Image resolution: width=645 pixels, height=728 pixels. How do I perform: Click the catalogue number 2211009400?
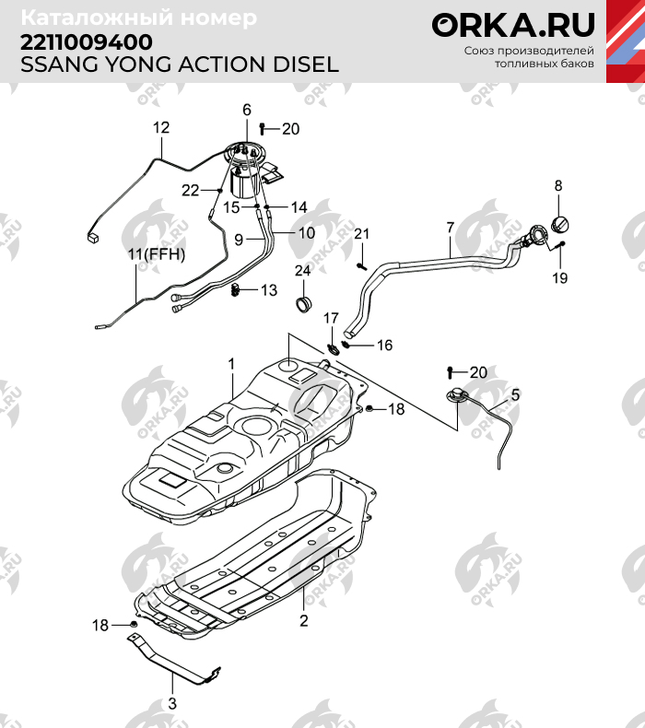pos(87,42)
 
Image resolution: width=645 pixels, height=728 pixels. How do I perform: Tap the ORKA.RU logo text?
pos(514,25)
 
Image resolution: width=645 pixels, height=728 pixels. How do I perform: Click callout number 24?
pos(302,270)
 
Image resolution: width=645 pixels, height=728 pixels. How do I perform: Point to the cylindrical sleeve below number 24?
pos(302,304)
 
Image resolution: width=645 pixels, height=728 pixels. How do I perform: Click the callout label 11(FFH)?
pos(156,253)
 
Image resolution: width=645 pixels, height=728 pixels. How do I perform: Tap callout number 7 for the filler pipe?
pos(450,227)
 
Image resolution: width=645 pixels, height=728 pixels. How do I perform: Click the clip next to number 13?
pos(236,291)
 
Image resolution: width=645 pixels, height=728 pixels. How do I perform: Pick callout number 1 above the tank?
pos(232,363)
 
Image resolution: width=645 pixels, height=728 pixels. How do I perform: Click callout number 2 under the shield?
pos(303,620)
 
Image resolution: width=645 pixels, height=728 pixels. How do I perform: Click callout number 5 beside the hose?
pos(515,394)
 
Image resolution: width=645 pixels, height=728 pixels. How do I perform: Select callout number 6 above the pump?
pos(247,110)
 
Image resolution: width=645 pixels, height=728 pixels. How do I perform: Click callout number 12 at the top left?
pos(161,127)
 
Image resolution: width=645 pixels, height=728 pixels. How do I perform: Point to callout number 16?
pos(383,345)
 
